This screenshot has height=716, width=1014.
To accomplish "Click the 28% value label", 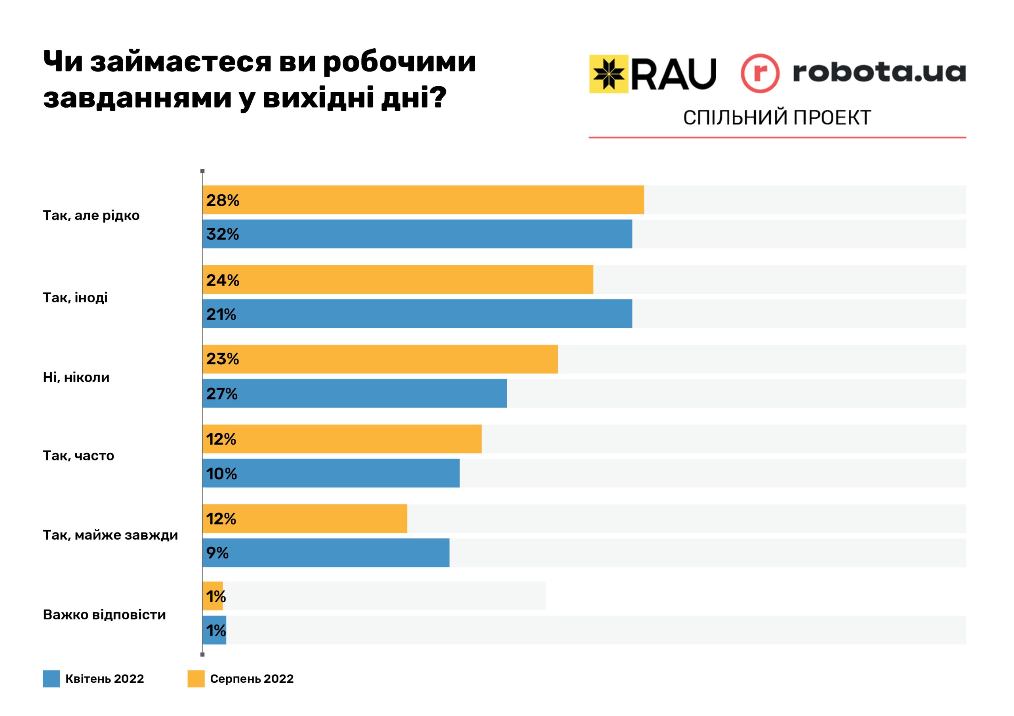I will (223, 200).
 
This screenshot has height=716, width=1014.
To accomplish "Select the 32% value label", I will (223, 234).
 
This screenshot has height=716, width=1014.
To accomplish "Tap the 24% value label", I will (223, 280).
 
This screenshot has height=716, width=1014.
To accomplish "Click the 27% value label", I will (222, 394).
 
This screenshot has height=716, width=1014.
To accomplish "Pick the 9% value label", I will (217, 553).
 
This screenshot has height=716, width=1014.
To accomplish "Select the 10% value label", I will (222, 474).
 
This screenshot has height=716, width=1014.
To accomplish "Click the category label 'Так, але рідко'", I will (91, 216).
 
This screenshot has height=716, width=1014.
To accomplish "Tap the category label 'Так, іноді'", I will (75, 298).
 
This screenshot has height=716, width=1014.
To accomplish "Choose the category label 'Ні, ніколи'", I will (76, 378).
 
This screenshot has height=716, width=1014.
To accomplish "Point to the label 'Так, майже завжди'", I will (111, 536).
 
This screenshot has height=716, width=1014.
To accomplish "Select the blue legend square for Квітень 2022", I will (51, 679).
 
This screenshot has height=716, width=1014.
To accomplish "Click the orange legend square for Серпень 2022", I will (196, 679).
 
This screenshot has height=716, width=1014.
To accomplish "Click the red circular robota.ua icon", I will (760, 73).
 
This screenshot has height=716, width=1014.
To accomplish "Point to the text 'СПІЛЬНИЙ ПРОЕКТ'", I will (777, 118).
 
